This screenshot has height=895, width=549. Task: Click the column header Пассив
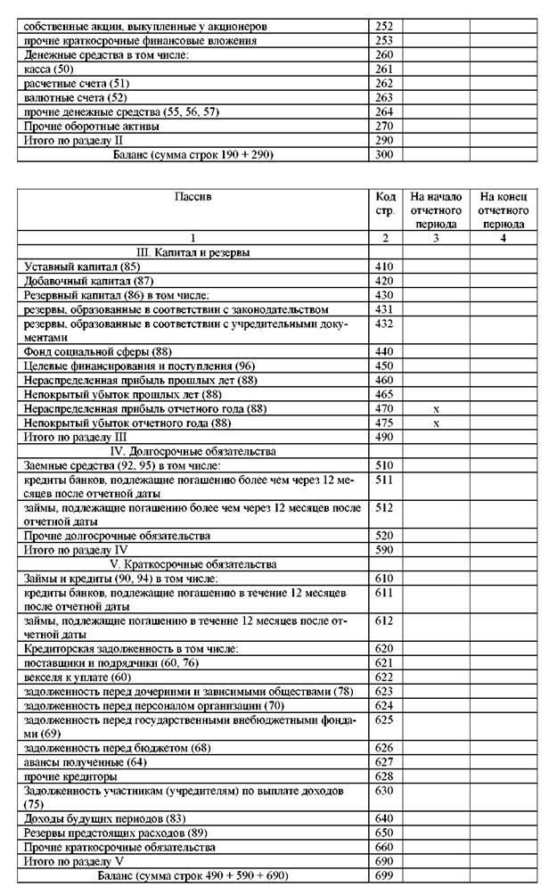coord(193,194)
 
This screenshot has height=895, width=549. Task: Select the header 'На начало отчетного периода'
coord(435,209)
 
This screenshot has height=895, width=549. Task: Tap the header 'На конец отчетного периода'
coord(503,209)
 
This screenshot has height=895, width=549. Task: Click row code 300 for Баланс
coord(384,154)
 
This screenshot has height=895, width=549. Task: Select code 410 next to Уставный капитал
coord(384,267)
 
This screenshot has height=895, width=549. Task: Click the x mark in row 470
coord(436,408)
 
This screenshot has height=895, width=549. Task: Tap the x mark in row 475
coord(436,423)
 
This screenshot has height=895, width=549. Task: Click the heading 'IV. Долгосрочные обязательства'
coord(193,451)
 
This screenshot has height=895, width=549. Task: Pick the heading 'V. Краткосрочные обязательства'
coord(193,564)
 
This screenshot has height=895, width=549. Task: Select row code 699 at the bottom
coord(384,876)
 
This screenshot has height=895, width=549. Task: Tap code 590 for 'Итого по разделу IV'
coord(384,550)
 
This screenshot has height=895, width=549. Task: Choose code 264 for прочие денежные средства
coord(384,111)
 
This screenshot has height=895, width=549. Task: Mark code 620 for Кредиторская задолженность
coord(384,648)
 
